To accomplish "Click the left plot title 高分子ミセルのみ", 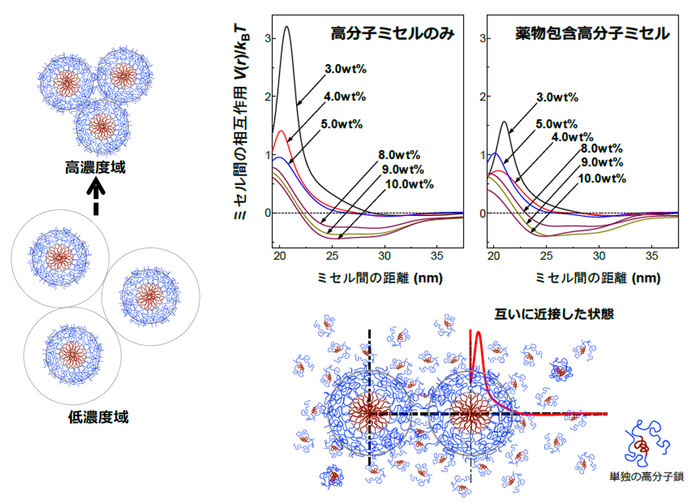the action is [392, 33].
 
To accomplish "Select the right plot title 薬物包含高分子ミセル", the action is [593, 33].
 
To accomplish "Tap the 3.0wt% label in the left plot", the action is [346, 69].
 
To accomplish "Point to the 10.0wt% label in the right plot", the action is [602, 178].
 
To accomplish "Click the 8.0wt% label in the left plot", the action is [400, 154].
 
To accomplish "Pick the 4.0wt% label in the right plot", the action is [572, 137].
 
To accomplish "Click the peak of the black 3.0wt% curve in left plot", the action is [286, 26].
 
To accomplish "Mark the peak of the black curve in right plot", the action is [504, 122].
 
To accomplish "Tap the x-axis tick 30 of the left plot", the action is [385, 256].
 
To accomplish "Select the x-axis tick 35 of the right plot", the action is [652, 256].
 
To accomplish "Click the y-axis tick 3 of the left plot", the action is [268, 38].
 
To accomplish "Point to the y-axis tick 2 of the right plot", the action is [483, 97].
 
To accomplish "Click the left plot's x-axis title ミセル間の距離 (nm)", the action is [380, 278].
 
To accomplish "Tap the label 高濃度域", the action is [95, 167].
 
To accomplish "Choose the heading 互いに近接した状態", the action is [554, 314].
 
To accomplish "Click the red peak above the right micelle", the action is [478, 333].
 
